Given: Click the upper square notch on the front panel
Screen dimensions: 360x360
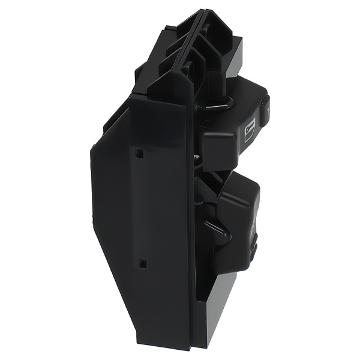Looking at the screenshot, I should tap(139, 153).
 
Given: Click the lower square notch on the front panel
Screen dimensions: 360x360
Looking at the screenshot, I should tap(142, 263).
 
